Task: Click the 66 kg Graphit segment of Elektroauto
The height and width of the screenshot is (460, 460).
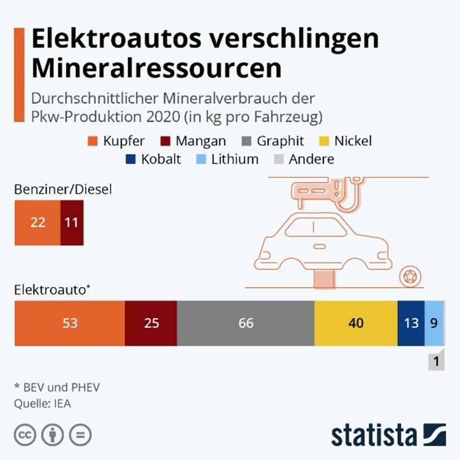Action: tap(245, 323)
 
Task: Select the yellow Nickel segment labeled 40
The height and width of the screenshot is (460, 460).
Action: tap(356, 323)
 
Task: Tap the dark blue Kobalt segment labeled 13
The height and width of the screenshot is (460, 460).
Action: tap(411, 323)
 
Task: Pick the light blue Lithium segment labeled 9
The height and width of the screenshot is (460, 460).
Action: tap(434, 323)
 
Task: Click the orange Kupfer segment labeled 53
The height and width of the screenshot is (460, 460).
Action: tap(70, 323)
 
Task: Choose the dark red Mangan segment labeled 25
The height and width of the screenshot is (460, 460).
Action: tap(151, 323)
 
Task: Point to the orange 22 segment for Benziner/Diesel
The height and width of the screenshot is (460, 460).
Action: tap(37, 222)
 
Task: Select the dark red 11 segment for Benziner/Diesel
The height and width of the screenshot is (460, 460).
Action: tap(71, 222)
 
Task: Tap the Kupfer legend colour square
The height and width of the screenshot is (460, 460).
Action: tap(93, 141)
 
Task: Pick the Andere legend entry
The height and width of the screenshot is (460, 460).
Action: tap(305, 159)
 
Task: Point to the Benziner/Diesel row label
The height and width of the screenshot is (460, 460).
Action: tap(64, 190)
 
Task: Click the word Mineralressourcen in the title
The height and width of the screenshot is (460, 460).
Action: tap(156, 68)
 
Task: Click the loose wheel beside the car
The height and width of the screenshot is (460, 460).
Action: tap(410, 275)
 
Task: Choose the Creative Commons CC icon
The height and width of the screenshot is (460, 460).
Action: tap(25, 435)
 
